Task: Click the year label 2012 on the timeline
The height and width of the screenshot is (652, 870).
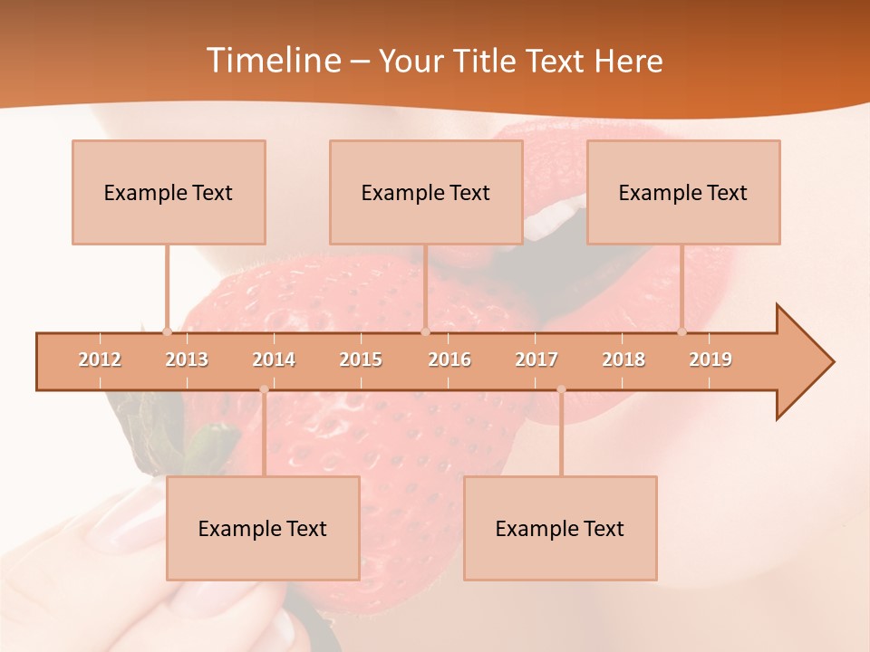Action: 100,360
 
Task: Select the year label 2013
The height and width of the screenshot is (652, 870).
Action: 187,360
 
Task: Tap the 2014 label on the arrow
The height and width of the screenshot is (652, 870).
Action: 274,360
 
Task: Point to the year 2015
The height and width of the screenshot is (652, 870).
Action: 361,360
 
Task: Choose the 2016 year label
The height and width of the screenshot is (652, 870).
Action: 449,360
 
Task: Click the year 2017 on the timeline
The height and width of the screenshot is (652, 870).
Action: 536,360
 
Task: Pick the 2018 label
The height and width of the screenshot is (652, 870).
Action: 623,360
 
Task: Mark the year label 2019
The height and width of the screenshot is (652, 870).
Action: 710,360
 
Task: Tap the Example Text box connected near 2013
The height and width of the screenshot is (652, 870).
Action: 169,192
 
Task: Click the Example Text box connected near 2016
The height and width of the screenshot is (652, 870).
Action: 426,192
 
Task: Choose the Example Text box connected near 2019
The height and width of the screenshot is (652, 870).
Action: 683,192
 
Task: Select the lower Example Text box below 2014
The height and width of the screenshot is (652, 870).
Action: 263,528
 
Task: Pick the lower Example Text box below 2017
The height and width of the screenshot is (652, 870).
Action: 560,528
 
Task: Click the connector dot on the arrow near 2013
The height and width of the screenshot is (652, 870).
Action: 167,332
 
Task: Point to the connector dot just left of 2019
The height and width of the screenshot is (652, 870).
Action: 682,332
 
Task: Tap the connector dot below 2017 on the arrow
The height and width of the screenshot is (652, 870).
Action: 561,389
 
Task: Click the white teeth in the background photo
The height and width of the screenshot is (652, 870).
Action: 551,220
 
